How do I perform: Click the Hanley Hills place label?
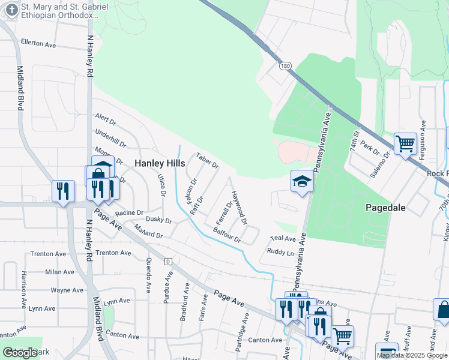[158, 163]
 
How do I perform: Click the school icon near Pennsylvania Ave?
[302, 181]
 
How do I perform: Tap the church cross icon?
[10, 10]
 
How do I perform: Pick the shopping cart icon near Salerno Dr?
[405, 144]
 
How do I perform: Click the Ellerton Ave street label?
[38, 44]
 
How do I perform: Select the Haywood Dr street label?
[240, 208]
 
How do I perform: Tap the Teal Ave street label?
[280, 238]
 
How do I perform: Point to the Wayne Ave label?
[67, 290]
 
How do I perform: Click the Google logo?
[20, 353]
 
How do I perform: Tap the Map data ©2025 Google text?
[412, 355]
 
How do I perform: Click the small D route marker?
[169, 262]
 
